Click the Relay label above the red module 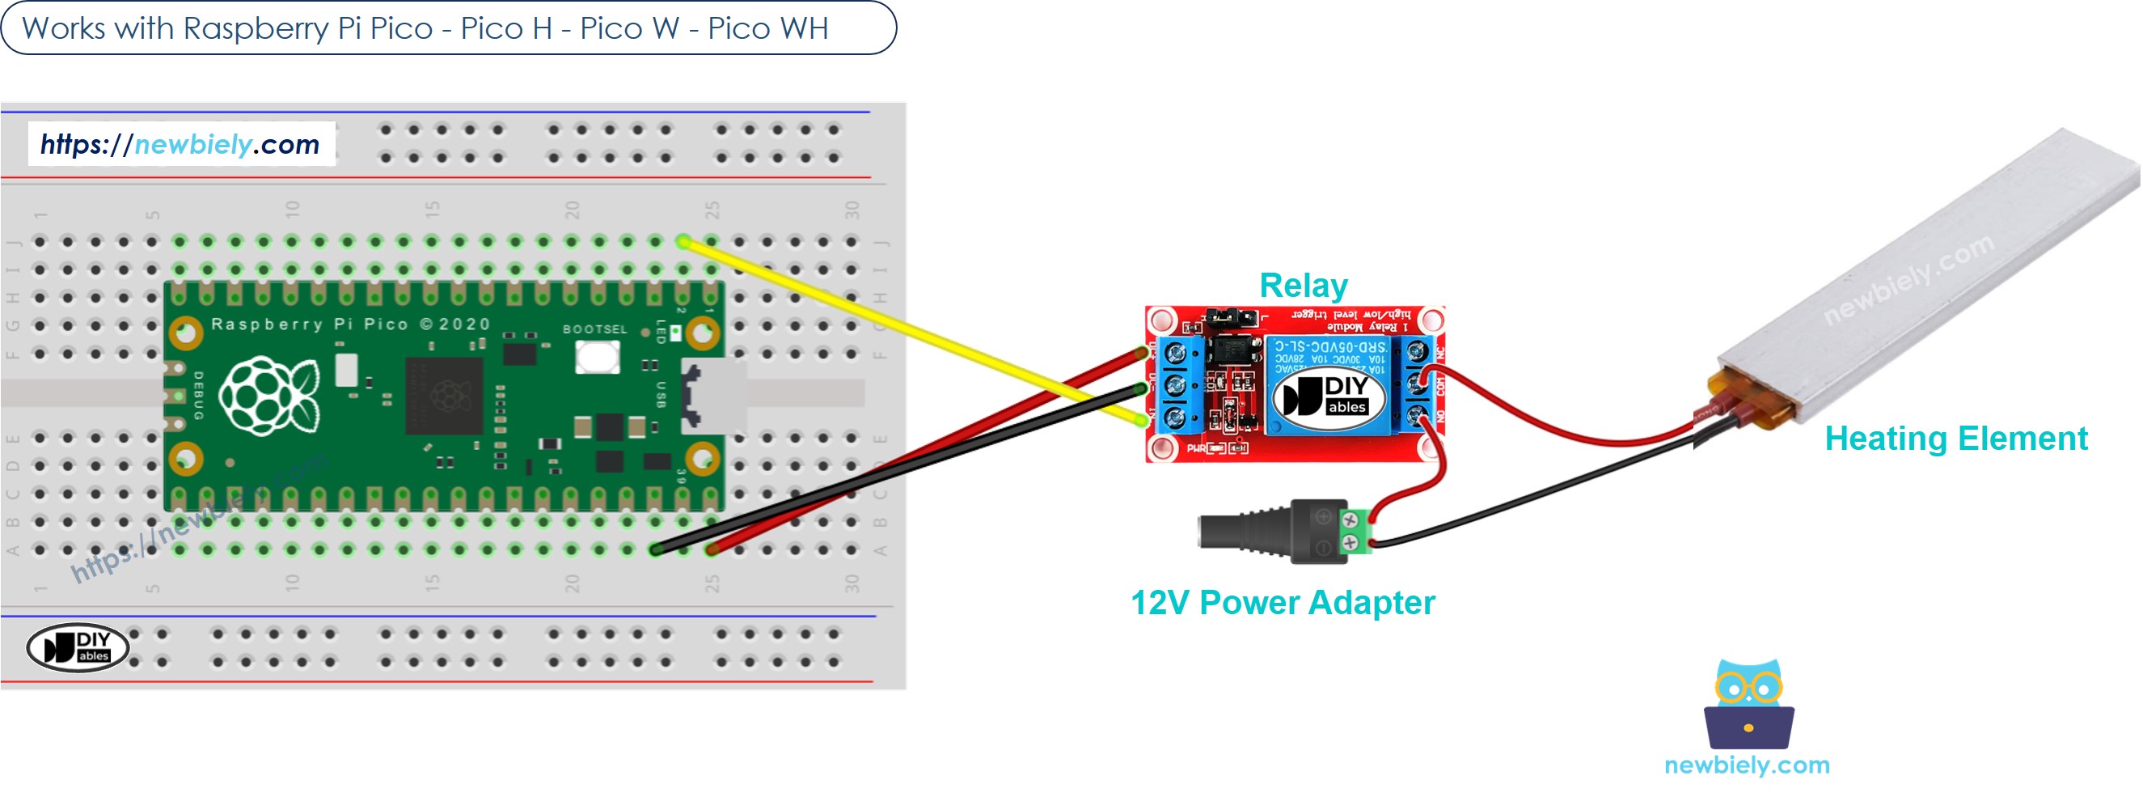1303,286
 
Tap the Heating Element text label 1955,439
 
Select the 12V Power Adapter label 1282,603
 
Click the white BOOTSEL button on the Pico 598,357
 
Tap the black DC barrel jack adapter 1269,531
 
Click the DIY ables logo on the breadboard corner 78,647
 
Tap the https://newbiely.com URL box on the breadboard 180,144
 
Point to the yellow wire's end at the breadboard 683,242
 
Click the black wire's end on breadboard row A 656,549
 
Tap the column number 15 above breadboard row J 432,208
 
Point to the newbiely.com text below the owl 1746,765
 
